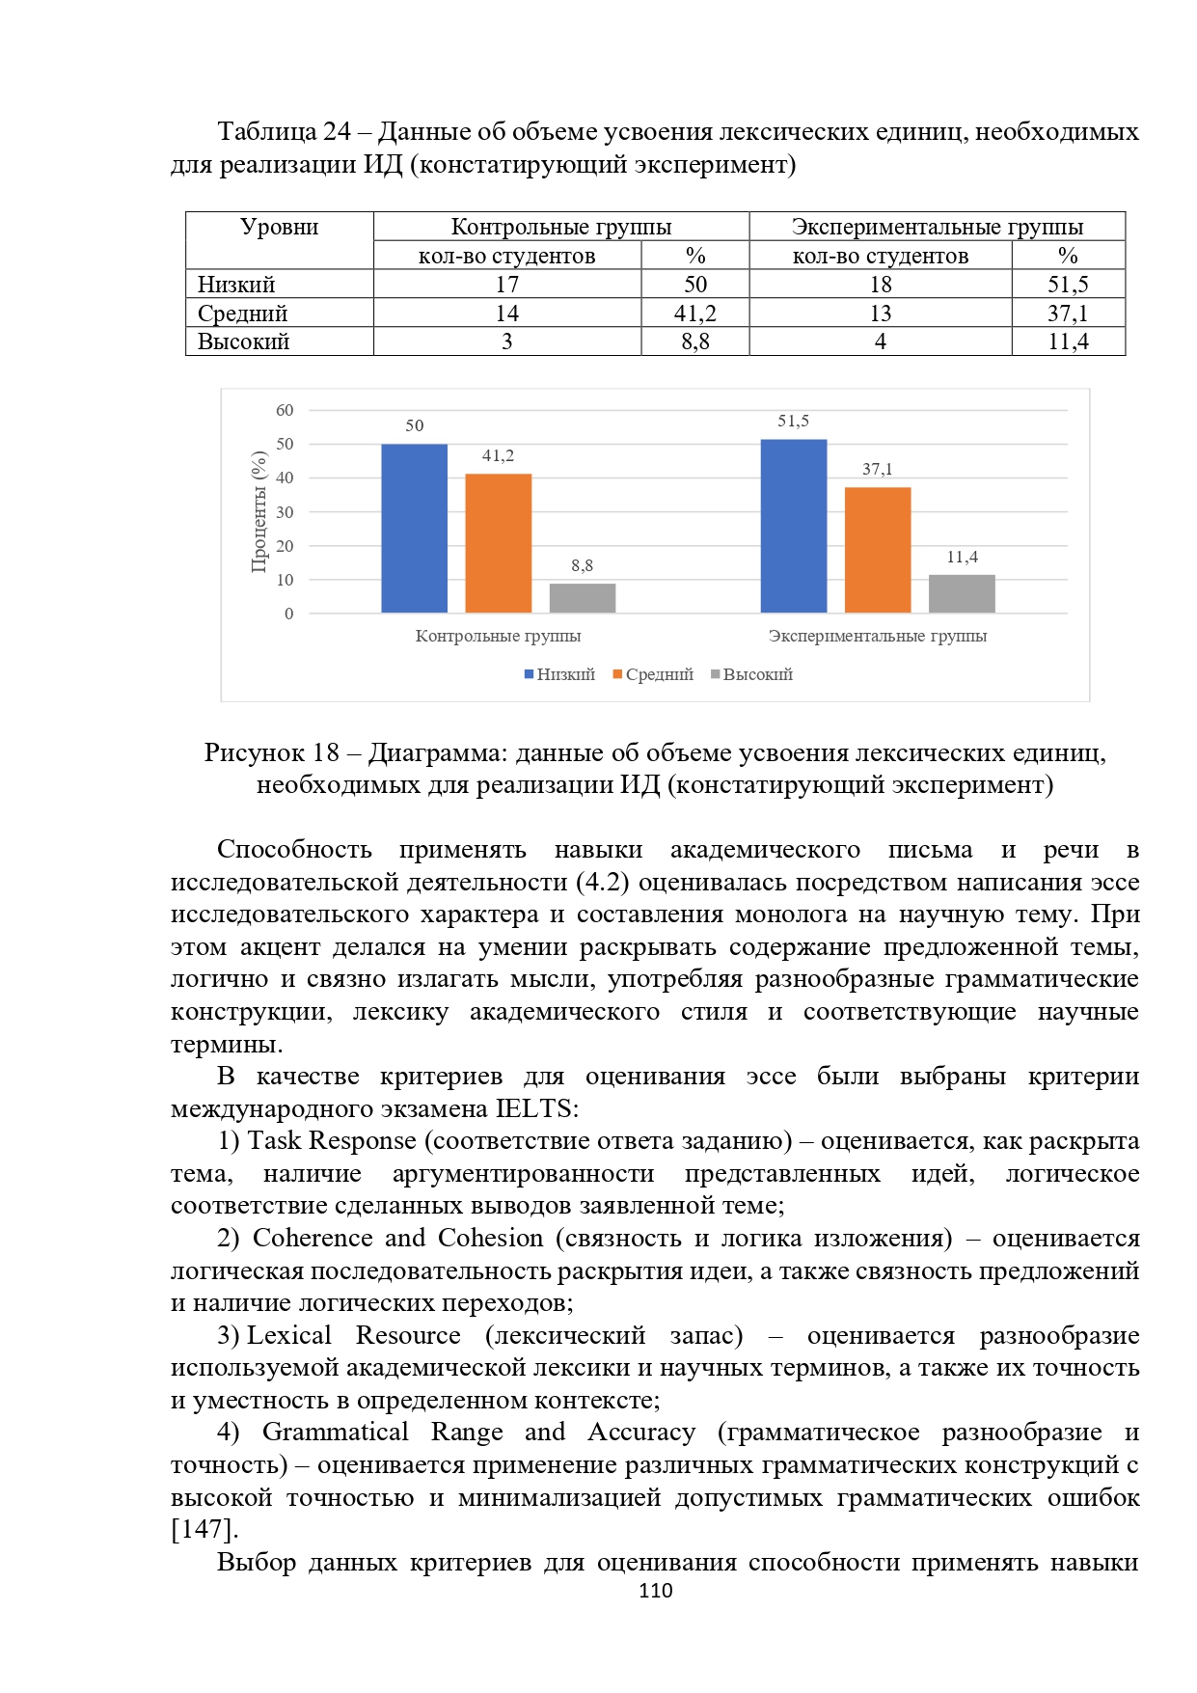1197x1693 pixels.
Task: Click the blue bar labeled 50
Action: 414,528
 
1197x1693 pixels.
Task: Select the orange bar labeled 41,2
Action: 498,543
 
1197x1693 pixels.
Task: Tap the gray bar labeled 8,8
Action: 582,598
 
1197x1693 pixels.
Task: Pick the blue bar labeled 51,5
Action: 793,526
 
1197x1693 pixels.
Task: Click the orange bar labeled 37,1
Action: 877,550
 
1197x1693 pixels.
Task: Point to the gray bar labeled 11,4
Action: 961,593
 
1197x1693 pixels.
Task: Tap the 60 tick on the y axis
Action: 285,410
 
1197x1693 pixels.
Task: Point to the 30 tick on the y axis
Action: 285,512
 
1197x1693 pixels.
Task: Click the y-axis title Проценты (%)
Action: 258,511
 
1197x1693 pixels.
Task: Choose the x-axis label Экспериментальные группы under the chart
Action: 877,636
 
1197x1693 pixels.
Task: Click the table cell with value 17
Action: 506,285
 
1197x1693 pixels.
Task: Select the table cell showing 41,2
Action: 694,314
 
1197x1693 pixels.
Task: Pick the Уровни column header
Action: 279,228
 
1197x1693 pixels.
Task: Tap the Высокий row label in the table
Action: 244,341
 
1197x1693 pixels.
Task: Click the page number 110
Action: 655,1591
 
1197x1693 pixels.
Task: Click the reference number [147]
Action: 204,1530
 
